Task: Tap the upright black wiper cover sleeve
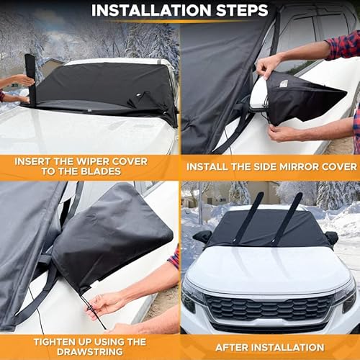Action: [30, 78]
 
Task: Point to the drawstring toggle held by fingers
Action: [92, 310]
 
